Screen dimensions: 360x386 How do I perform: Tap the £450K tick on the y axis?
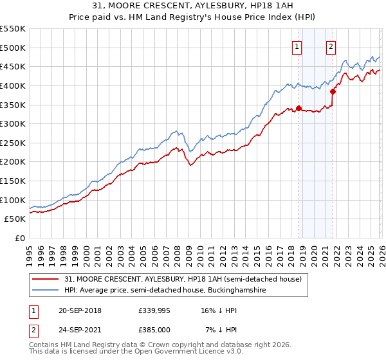tap(14, 66)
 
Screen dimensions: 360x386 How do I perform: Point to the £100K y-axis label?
tap(14, 200)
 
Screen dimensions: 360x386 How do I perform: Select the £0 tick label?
tap(19, 238)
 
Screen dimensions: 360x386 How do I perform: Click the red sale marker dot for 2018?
tap(299, 109)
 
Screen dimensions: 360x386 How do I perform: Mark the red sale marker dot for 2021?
tap(333, 91)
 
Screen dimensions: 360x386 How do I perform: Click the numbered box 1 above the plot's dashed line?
tap(297, 46)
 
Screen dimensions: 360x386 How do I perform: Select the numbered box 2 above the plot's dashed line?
tap(331, 46)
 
